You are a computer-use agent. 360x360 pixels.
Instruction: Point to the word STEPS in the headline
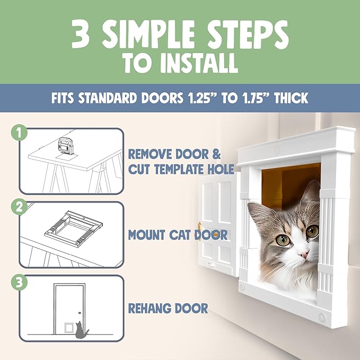point(247,35)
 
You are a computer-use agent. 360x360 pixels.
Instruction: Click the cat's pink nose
point(303,255)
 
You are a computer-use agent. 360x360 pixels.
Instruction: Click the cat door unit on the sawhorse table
point(65,145)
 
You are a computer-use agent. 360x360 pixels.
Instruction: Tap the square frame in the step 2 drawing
point(72,226)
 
